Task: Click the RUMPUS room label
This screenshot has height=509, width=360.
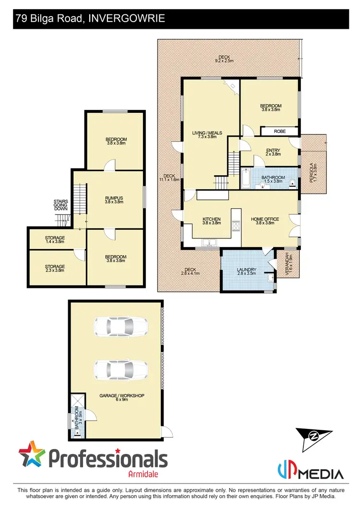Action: coord(115,200)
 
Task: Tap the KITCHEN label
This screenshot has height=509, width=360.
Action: coord(212,221)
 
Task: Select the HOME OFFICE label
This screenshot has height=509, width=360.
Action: coord(265,221)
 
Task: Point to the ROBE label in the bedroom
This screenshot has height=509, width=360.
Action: coord(280,131)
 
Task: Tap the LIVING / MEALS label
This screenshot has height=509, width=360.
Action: coord(204,134)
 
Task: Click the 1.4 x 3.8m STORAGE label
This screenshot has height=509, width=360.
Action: coord(55,239)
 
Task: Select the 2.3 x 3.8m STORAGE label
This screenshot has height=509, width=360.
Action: coord(55,268)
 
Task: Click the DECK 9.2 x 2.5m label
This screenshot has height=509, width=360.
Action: coord(224,59)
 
